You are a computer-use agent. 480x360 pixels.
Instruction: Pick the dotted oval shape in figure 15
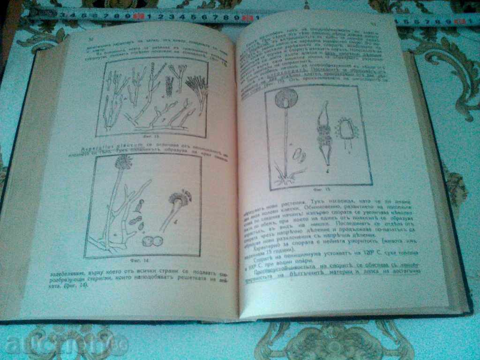click(x=349, y=132)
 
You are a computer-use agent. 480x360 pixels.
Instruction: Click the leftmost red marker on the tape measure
click(x=138, y=16)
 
